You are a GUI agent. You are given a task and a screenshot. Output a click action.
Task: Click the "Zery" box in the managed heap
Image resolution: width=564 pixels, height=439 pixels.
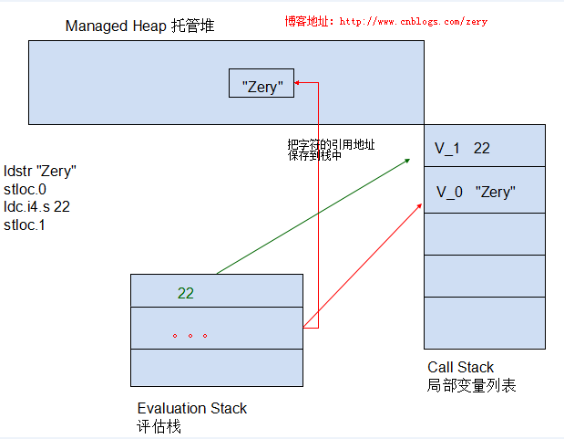pyautogui.click(x=261, y=83)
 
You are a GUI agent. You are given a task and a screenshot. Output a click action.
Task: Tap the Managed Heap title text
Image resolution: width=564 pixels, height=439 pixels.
pyautogui.click(x=139, y=26)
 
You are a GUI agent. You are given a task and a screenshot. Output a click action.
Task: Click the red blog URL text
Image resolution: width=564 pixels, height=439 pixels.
pyautogui.click(x=386, y=21)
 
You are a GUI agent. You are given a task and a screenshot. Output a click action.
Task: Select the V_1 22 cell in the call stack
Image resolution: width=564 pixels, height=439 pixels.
pyautogui.click(x=485, y=146)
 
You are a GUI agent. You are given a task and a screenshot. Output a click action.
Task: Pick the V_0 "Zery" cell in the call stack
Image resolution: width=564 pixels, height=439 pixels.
pyautogui.click(x=485, y=190)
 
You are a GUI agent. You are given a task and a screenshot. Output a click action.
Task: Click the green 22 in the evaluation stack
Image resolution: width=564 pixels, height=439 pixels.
pyautogui.click(x=186, y=293)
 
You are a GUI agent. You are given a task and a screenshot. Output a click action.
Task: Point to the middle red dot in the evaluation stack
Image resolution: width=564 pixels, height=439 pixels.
pyautogui.click(x=190, y=336)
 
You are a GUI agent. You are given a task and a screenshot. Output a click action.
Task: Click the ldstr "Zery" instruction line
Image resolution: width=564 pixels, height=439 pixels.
pyautogui.click(x=40, y=171)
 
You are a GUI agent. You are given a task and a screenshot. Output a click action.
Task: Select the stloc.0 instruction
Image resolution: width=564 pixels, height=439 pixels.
pyautogui.click(x=25, y=189)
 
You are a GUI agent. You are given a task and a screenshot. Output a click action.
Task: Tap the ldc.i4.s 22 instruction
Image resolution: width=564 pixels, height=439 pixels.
pyautogui.click(x=36, y=207)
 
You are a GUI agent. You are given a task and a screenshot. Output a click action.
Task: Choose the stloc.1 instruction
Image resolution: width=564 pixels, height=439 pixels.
pyautogui.click(x=25, y=225)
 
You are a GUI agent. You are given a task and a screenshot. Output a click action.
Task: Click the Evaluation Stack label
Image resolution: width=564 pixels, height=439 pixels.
pyautogui.click(x=192, y=408)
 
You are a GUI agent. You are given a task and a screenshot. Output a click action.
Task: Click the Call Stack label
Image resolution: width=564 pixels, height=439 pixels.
pyautogui.click(x=460, y=367)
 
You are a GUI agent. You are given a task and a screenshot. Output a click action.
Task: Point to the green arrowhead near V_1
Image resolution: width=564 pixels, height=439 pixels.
pyautogui.click(x=407, y=161)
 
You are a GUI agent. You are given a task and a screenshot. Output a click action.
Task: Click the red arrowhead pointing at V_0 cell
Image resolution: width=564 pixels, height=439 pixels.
pyautogui.click(x=419, y=206)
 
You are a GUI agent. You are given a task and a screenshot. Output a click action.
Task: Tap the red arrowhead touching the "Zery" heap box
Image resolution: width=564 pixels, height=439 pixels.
pyautogui.click(x=297, y=83)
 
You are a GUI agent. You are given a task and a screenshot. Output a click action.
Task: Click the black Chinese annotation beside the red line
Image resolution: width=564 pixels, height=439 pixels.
pyautogui.click(x=331, y=150)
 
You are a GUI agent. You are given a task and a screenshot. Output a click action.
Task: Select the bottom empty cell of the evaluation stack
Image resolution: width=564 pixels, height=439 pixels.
pyautogui.click(x=217, y=368)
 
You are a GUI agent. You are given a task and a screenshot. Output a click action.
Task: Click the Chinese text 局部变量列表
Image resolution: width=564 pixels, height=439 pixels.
pyautogui.click(x=472, y=385)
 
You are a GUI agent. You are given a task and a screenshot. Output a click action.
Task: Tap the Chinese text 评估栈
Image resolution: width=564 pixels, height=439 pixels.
pyautogui.click(x=159, y=427)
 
